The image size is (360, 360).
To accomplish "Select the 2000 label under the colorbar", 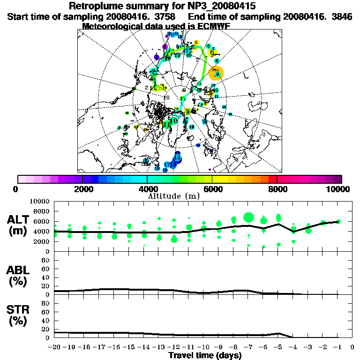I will (82, 189).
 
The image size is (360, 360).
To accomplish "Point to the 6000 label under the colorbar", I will (212, 189).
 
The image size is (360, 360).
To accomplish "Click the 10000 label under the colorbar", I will (339, 189).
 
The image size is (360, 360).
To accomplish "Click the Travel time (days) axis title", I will (205, 355).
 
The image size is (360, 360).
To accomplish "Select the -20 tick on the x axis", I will (55, 347).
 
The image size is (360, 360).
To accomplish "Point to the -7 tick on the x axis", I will (248, 347).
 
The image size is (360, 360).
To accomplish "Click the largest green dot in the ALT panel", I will (249, 217).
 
